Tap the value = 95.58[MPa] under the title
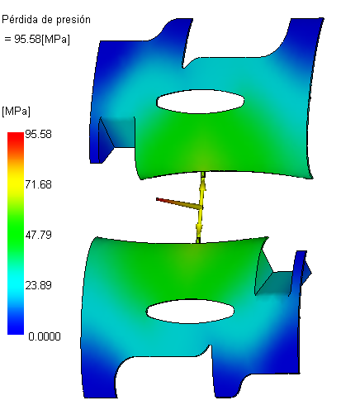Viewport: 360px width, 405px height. pos(37,39)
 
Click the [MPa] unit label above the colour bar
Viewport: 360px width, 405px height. pos(16,112)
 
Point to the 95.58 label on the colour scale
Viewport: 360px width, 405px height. pos(38,134)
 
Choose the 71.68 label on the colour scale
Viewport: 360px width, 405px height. pos(38,184)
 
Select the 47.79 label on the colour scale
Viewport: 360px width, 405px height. pos(38,235)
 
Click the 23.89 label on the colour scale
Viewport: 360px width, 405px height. pos(38,285)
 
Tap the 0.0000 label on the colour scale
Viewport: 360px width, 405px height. pos(45,336)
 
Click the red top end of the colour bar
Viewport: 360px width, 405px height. pos(16,136)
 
